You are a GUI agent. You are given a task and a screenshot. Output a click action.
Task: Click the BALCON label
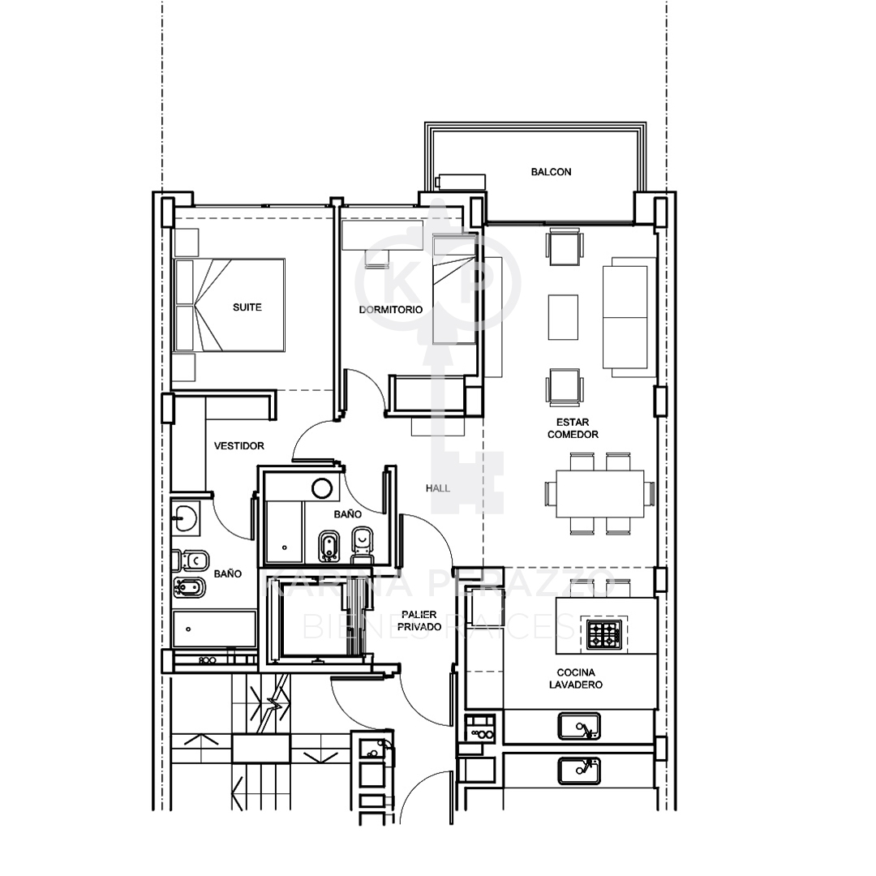[551, 172]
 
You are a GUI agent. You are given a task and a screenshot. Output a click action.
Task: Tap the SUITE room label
[247, 307]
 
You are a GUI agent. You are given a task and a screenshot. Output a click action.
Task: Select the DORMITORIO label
[390, 310]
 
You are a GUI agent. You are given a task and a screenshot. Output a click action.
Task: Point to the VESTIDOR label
[239, 446]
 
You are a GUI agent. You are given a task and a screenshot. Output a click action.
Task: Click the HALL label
[438, 488]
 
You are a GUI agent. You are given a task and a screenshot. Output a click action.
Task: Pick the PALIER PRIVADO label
[419, 620]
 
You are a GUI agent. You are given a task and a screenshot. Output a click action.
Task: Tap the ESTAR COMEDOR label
[573, 428]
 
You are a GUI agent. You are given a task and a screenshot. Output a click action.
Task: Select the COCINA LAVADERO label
[575, 678]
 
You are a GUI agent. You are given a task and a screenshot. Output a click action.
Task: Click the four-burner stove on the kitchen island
[604, 634]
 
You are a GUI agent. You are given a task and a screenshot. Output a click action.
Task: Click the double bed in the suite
[229, 305]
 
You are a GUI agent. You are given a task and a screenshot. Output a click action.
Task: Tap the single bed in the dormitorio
[455, 290]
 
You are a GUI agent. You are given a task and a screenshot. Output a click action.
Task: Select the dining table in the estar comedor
[600, 493]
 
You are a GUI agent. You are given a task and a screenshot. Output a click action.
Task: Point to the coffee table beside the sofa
[563, 317]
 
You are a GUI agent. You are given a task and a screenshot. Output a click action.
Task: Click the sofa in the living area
[629, 317]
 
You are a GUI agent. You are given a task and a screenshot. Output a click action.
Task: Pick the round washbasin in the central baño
[322, 488]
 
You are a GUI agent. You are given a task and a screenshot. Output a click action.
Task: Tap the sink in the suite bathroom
[185, 517]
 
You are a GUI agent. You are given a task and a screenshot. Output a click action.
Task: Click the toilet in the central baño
[362, 543]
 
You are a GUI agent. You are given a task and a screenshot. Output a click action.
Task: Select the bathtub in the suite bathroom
[214, 629]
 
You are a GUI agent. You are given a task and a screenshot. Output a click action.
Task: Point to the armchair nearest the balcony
[565, 247]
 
